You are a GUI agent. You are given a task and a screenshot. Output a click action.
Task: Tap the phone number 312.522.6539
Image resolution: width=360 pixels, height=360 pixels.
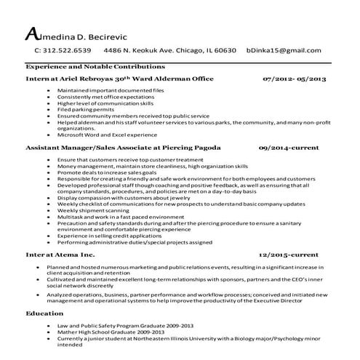(x=63, y=51)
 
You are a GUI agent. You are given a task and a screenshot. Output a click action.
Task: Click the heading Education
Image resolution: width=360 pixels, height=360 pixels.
(x=44, y=313)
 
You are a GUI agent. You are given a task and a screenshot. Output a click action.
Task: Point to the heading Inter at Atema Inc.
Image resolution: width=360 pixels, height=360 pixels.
(x=60, y=256)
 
